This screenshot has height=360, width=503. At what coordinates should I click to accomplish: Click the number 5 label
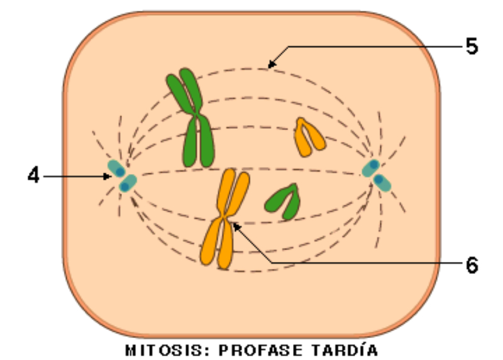click(x=472, y=47)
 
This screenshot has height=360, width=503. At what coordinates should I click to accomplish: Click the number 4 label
click(x=33, y=175)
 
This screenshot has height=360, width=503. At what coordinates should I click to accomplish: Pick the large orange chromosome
click(x=224, y=219)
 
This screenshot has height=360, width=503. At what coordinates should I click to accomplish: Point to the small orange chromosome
click(x=309, y=136)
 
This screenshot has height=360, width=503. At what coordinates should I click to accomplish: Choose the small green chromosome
click(x=282, y=200)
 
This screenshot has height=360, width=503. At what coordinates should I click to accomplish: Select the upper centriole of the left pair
click(x=116, y=168)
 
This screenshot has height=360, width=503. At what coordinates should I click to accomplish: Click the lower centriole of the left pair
click(x=128, y=184)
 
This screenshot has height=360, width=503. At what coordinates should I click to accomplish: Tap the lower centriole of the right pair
click(x=382, y=182)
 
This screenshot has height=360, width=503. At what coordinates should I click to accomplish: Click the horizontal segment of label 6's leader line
click(x=365, y=261)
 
